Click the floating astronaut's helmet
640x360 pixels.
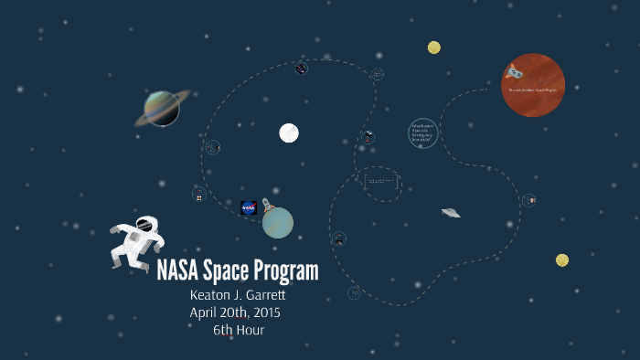[x=144, y=224]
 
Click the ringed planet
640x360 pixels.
[x=162, y=109]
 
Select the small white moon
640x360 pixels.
[x=289, y=133]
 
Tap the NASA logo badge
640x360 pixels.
[x=249, y=208]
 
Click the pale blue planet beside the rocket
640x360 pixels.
[x=278, y=223]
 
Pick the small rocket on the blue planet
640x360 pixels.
[x=267, y=206]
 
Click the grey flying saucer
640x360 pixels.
[x=450, y=213]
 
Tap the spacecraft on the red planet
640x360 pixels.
[x=515, y=69]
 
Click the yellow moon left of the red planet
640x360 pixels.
[x=434, y=48]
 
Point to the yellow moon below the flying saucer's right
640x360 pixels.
[x=562, y=260]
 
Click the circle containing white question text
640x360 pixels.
[x=422, y=132]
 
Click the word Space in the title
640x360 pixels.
[x=231, y=271]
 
